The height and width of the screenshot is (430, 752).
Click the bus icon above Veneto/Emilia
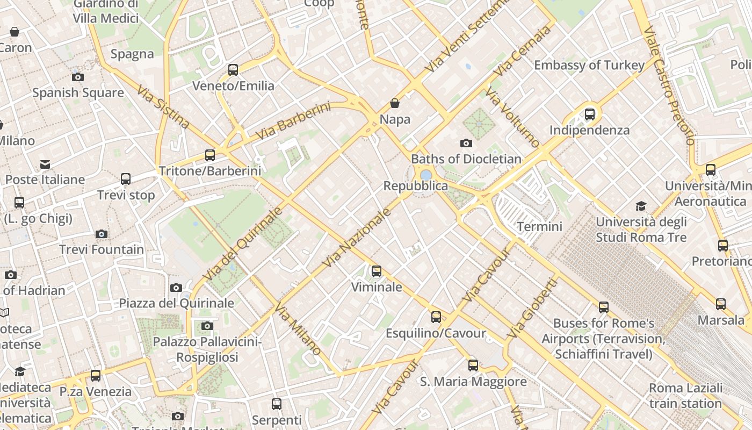tap(233, 69)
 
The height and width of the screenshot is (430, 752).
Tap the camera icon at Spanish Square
tap(78, 77)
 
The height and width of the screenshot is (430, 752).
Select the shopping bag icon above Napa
tap(395, 103)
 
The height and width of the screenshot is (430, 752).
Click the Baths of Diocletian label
tap(466, 159)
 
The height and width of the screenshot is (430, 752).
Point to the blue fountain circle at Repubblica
tap(426, 175)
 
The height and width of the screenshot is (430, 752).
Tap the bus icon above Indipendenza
tap(590, 114)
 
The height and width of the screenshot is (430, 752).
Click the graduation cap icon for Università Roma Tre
tap(641, 206)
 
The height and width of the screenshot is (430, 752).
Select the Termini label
tap(539, 226)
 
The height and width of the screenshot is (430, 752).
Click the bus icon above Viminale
tap(377, 271)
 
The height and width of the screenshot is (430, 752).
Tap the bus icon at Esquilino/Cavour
tap(436, 317)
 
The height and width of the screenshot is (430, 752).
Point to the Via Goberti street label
tap(532, 308)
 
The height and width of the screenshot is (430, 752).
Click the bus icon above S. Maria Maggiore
tap(473, 365)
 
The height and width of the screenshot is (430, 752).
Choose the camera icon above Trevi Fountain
tap(102, 234)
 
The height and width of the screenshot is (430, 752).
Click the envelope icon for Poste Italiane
tap(45, 163)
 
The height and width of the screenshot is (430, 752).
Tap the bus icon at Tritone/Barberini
tap(210, 155)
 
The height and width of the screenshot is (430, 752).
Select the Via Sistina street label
tap(163, 107)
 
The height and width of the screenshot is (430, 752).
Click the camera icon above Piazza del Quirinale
tap(176, 288)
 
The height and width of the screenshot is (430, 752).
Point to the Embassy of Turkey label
tap(589, 65)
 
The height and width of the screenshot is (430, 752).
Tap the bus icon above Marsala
tap(721, 304)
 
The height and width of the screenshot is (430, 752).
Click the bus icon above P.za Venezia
tap(96, 375)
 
